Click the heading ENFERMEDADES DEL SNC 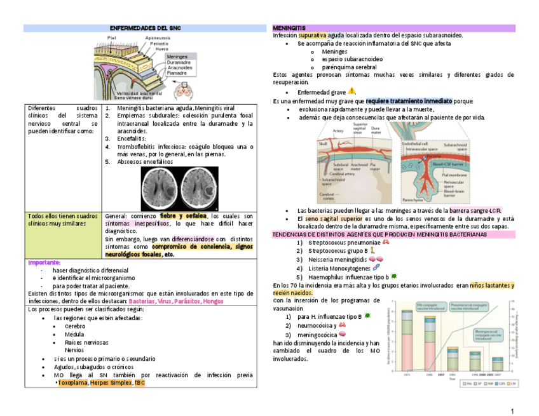[144, 29]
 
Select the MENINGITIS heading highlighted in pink [289, 29]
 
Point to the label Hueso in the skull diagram [162, 48]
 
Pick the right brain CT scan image [199, 189]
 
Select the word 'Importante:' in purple [44, 263]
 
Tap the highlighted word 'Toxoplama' [73, 383]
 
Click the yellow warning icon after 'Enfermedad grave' [352, 91]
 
